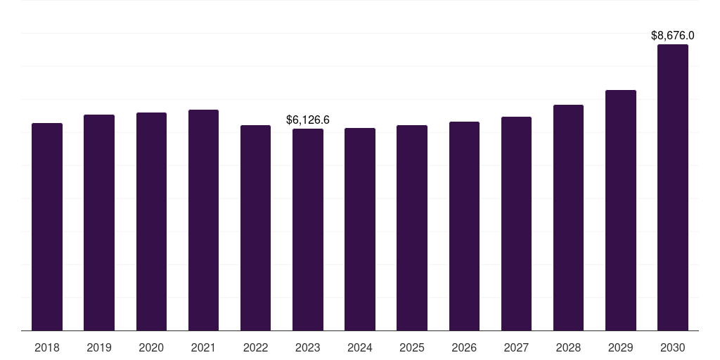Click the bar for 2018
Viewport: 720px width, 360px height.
[x=47, y=226]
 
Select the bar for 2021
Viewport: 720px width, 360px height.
[x=203, y=220]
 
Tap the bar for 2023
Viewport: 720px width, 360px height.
[x=308, y=229]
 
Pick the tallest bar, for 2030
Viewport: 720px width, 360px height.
[x=673, y=187]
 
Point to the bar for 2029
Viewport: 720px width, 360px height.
[x=621, y=210]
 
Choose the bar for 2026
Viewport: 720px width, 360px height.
[x=464, y=226]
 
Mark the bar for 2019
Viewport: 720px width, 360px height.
[x=99, y=222]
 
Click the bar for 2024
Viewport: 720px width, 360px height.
[x=360, y=229]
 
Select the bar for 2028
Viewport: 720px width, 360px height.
[x=568, y=217]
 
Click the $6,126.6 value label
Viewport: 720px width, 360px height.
[x=308, y=120]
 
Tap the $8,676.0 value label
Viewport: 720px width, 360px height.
[x=673, y=35]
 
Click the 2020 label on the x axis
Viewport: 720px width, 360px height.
[x=151, y=347]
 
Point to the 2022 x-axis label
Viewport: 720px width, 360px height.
[x=255, y=347]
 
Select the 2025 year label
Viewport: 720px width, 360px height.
[x=412, y=347]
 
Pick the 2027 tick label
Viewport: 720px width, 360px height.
[x=516, y=347]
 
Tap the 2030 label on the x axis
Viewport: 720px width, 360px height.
[x=673, y=347]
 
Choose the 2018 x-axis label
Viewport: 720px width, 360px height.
[x=47, y=347]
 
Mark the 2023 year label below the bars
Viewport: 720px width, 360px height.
[x=308, y=347]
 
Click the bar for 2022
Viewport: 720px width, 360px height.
[x=255, y=228]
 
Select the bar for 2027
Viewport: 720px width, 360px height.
[x=516, y=224]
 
